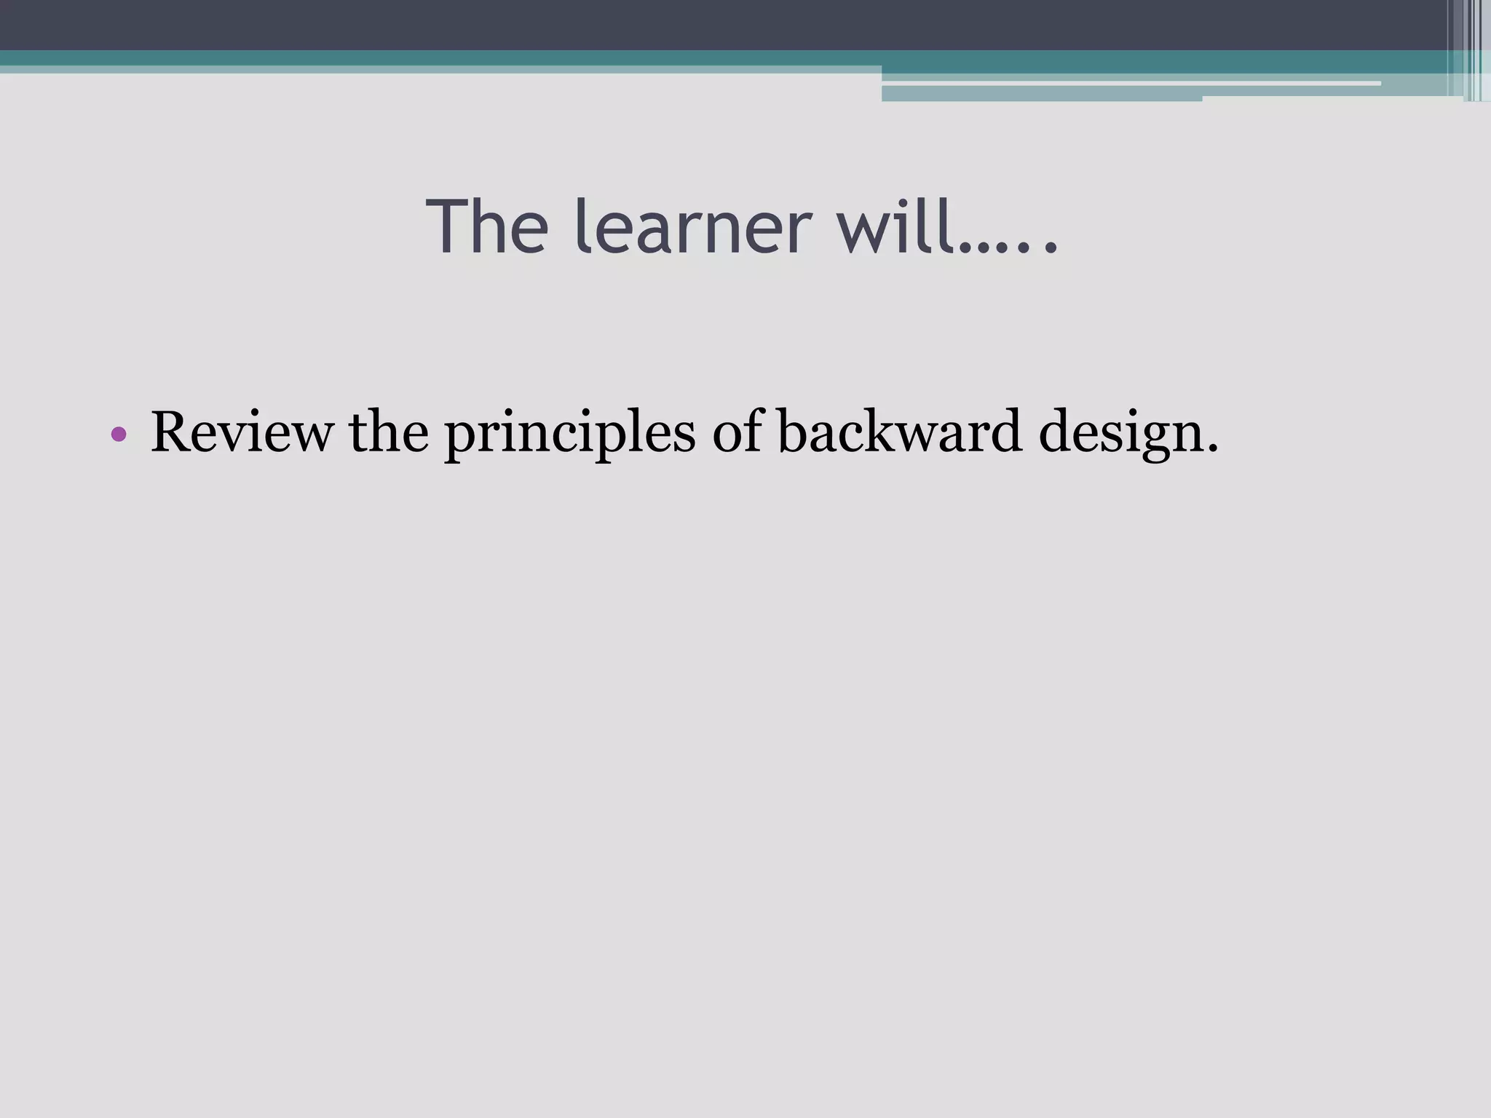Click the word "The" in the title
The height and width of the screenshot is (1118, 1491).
point(487,227)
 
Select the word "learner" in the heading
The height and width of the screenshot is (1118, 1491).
point(692,227)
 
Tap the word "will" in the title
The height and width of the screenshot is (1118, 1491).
point(896,227)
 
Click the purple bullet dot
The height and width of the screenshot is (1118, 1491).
point(119,435)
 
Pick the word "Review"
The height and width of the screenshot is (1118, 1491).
point(241,432)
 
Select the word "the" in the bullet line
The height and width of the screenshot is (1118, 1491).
point(389,432)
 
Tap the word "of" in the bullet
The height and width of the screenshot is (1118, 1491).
point(736,432)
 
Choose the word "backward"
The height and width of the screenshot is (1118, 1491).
point(899,432)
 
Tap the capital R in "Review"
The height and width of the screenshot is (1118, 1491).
point(173,432)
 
